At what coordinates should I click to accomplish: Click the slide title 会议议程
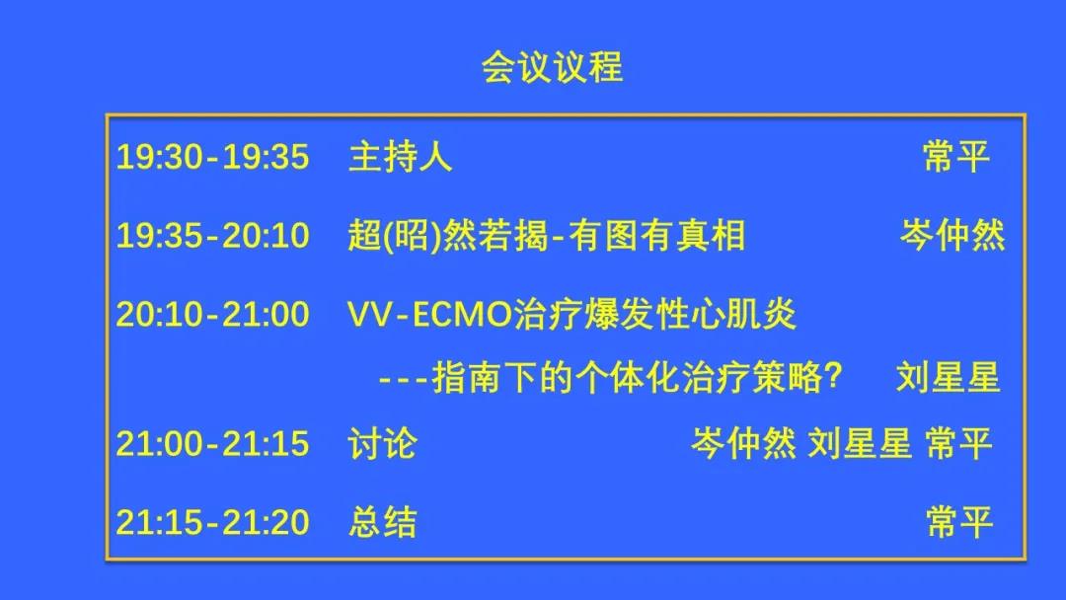[x=552, y=67]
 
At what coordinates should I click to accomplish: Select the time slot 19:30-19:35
[x=213, y=156]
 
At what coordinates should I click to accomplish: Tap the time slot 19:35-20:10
[x=213, y=236]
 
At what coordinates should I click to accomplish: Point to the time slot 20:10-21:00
[x=213, y=315]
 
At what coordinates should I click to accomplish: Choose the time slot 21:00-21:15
[x=213, y=444]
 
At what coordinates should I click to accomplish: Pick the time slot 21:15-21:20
[x=213, y=523]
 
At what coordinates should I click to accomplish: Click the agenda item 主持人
[x=401, y=156]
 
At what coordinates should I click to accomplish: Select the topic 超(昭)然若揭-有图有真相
[x=547, y=236]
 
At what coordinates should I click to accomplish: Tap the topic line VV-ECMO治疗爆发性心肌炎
[x=571, y=315]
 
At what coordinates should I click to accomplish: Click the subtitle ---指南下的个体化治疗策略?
[x=610, y=378]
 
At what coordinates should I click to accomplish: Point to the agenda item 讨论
[x=382, y=444]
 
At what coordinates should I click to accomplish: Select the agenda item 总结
[x=382, y=523]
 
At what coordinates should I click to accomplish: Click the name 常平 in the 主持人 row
[x=956, y=156]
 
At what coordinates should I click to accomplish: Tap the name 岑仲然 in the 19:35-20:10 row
[x=952, y=236]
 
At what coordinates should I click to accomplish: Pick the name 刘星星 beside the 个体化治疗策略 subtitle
[x=949, y=378]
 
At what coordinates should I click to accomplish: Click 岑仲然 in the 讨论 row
[x=744, y=444]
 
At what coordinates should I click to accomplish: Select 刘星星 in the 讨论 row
[x=860, y=444]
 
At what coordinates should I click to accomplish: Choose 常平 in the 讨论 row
[x=959, y=444]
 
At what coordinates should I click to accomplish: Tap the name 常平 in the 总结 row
[x=959, y=523]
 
